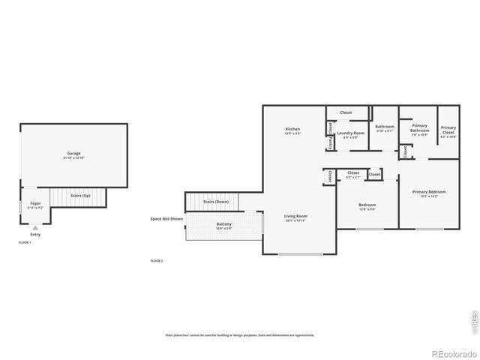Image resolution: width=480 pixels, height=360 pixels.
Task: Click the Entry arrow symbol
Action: click(x=35, y=227)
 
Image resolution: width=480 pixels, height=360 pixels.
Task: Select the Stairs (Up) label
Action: click(x=80, y=195)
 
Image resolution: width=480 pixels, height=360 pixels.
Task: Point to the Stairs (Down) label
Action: click(x=215, y=202)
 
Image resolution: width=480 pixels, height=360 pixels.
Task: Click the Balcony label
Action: click(x=224, y=225)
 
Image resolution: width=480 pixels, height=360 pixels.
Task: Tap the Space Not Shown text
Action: click(x=166, y=219)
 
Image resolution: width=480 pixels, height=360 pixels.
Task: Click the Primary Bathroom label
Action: click(x=419, y=128)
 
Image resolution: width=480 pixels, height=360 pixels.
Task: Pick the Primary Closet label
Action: click(x=448, y=130)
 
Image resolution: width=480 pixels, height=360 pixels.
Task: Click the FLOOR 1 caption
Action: click(x=25, y=243)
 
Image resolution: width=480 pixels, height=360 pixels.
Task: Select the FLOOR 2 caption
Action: click(x=157, y=260)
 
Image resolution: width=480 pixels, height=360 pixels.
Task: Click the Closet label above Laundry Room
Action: click(x=346, y=112)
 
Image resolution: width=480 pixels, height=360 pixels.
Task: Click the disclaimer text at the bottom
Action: click(x=240, y=335)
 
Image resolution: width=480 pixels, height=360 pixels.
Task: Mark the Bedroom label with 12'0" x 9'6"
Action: click(x=367, y=206)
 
